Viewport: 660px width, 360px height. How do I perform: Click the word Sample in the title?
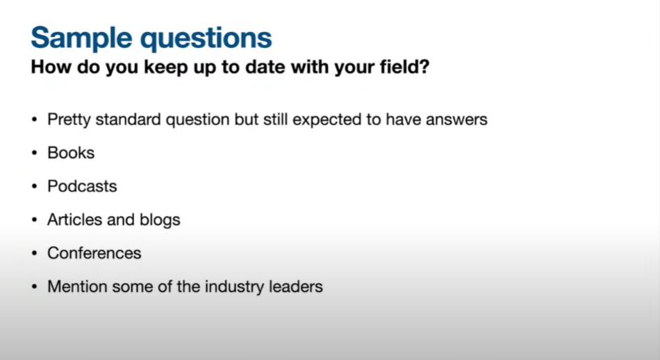point(82,39)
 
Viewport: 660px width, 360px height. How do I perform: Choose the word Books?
point(71,153)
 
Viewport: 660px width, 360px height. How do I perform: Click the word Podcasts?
point(82,186)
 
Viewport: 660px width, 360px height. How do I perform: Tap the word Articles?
point(75,220)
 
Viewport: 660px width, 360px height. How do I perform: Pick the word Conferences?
point(94,253)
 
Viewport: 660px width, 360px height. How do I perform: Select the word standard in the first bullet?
point(128,119)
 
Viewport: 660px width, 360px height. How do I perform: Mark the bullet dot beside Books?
point(35,154)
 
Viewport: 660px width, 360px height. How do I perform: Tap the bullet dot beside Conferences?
point(35,254)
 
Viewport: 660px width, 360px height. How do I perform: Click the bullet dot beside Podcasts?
point(35,186)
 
